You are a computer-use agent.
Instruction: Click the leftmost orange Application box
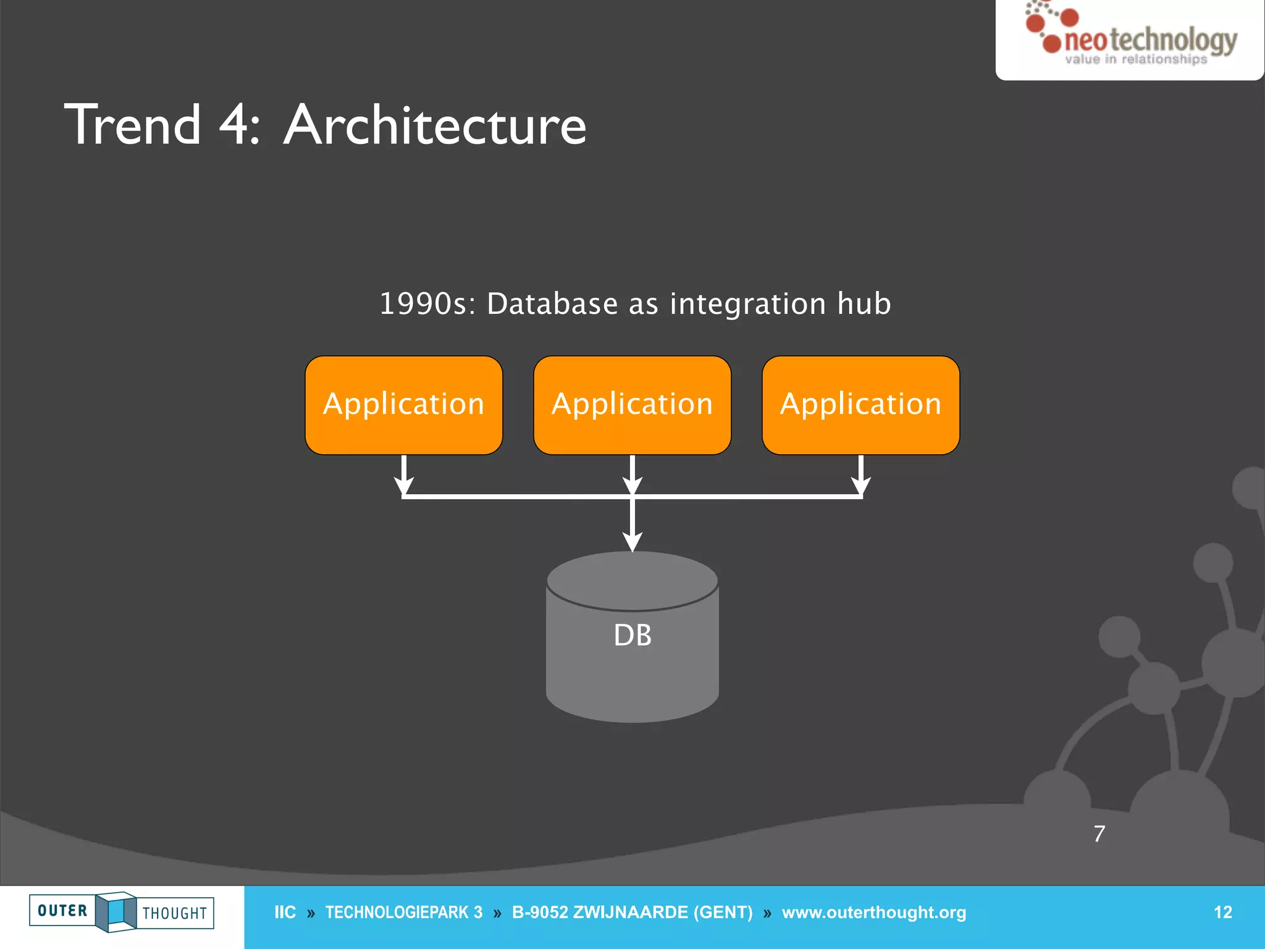pyautogui.click(x=403, y=405)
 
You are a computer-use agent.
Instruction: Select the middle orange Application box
pyautogui.click(x=632, y=405)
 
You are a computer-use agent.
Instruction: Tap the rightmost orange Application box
pyautogui.click(x=860, y=405)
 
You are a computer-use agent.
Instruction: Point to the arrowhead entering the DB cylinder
pyautogui.click(x=632, y=542)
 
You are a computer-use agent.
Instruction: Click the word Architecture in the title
pyautogui.click(x=435, y=125)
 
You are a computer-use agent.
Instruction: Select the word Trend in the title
pyautogui.click(x=133, y=125)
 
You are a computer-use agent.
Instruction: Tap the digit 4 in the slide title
pyautogui.click(x=233, y=125)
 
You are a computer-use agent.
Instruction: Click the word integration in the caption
pyautogui.click(x=747, y=304)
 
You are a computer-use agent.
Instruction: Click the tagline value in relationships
pyautogui.click(x=1135, y=60)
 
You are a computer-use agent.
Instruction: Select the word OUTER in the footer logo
pyautogui.click(x=62, y=911)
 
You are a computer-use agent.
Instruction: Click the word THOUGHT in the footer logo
pyautogui.click(x=175, y=913)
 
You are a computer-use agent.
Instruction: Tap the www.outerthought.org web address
pyautogui.click(x=873, y=913)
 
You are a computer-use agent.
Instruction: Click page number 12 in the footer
pyautogui.click(x=1222, y=913)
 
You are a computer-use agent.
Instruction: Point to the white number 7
pyautogui.click(x=1099, y=834)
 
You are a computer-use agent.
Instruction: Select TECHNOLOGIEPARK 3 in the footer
pyautogui.click(x=404, y=913)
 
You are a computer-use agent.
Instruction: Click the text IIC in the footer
pyautogui.click(x=285, y=913)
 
